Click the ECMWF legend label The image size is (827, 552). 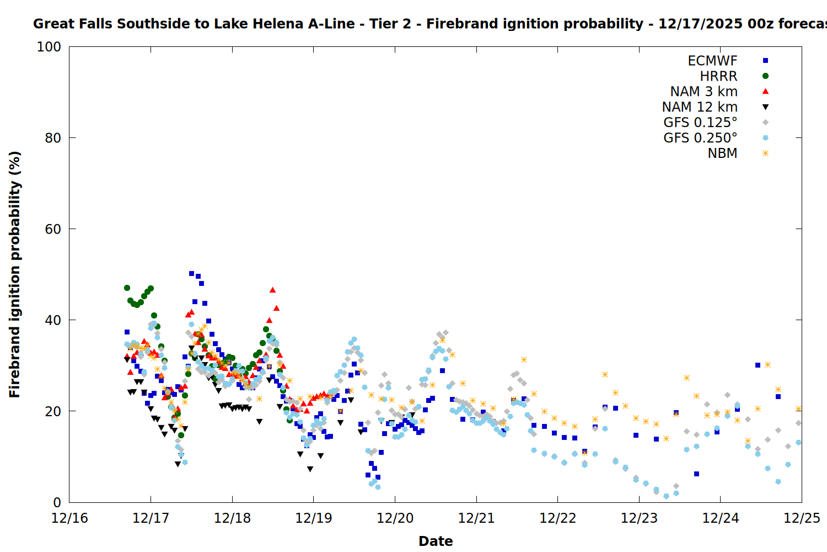coord(712,61)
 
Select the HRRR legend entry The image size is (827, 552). coord(718,76)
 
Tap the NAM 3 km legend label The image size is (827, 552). coord(704,92)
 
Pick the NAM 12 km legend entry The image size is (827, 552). coord(700,107)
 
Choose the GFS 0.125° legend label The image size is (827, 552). coord(700,123)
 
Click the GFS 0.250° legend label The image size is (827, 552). coord(700,138)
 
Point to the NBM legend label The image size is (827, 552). coord(722,153)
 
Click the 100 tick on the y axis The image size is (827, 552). coord(49,47)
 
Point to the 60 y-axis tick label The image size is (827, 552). coord(52,229)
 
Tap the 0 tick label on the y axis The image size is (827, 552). coord(57,502)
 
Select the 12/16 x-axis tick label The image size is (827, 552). coord(69,518)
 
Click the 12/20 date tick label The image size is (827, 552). coord(395,518)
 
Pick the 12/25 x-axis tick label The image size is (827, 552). coord(802,518)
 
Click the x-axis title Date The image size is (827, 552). coord(436,541)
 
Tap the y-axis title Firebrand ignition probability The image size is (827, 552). coord(14,274)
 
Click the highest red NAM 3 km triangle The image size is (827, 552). coord(272,290)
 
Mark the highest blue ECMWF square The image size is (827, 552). coord(191,273)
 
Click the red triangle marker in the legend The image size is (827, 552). coord(765,92)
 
